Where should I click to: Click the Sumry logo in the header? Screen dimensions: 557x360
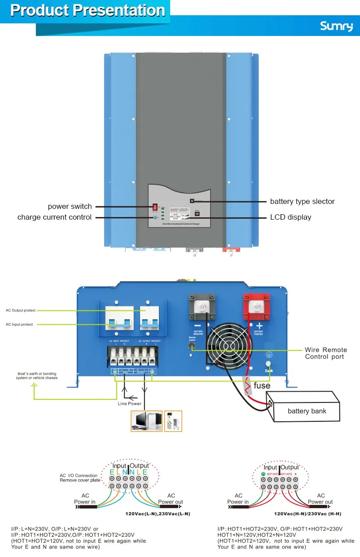click(x=336, y=27)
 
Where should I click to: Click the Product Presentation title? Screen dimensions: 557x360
click(x=88, y=10)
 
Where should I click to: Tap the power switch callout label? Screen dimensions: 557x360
click(x=70, y=207)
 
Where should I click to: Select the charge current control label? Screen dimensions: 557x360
click(x=54, y=217)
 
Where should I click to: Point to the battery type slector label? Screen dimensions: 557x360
click(x=302, y=202)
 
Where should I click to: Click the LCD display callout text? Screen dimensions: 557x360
click(x=290, y=217)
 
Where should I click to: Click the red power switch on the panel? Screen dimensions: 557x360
click(x=156, y=207)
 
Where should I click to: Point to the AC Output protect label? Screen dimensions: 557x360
click(x=21, y=310)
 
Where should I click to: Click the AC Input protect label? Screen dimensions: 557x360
click(x=19, y=324)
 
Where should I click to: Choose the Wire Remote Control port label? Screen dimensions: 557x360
click(x=326, y=353)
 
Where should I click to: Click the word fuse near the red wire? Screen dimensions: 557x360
click(x=262, y=385)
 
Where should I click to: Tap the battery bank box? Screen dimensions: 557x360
click(x=307, y=411)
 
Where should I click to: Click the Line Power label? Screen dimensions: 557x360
click(x=130, y=403)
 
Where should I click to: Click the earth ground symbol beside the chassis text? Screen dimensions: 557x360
click(x=34, y=385)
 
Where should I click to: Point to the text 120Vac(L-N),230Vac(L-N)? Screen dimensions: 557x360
click(x=158, y=513)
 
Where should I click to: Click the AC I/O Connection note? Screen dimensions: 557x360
click(x=80, y=478)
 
